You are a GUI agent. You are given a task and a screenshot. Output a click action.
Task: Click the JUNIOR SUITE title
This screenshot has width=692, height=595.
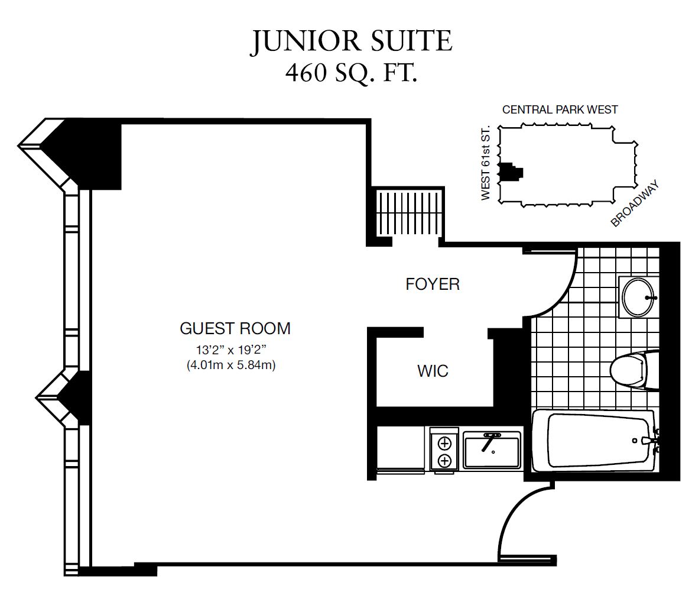(352, 42)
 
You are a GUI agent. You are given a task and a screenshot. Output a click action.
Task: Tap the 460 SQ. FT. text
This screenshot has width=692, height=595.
(351, 73)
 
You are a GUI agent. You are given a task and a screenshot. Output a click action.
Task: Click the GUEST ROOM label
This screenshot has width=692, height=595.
(235, 328)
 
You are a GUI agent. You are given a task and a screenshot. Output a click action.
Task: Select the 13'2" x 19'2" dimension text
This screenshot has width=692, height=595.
(232, 350)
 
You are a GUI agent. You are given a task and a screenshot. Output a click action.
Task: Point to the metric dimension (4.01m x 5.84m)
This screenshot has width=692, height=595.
(231, 366)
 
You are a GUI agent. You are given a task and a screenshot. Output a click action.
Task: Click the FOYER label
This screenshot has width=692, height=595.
(433, 284)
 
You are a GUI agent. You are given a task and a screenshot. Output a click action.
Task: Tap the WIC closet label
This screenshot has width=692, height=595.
(433, 371)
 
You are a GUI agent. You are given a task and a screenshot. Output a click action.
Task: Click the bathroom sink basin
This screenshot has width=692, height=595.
(638, 297)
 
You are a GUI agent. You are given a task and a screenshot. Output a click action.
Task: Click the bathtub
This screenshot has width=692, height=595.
(594, 441)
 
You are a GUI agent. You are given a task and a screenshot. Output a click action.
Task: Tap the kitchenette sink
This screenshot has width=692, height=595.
(492, 450)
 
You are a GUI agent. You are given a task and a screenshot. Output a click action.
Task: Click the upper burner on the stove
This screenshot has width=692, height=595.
(444, 442)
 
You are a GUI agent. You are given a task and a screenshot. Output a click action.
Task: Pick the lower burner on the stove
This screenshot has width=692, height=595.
(444, 461)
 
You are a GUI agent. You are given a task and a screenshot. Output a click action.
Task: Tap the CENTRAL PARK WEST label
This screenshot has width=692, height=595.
(560, 109)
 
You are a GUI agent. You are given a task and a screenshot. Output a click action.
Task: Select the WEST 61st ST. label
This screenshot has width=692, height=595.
(485, 163)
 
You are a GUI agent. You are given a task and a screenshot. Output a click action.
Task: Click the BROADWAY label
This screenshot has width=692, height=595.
(635, 203)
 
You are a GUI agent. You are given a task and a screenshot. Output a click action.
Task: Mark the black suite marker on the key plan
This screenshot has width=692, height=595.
(510, 172)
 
